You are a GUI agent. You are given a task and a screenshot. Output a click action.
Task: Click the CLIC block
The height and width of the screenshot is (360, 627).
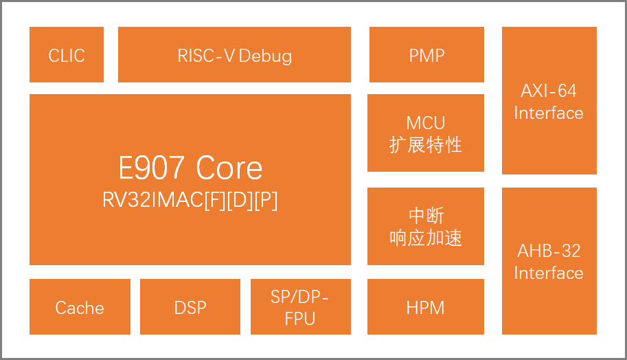click(x=67, y=55)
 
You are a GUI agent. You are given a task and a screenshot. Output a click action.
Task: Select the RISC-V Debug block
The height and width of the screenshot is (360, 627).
click(x=234, y=55)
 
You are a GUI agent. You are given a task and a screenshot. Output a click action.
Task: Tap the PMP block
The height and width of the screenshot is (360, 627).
click(x=426, y=55)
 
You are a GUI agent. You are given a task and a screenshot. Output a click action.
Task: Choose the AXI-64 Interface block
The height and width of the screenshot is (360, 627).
click(x=549, y=101)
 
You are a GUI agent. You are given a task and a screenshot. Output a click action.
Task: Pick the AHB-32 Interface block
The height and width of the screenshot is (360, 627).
click(x=549, y=261)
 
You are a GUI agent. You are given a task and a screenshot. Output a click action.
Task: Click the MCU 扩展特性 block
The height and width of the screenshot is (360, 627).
click(x=426, y=133)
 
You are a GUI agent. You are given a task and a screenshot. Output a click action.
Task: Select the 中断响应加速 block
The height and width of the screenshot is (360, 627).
click(x=426, y=226)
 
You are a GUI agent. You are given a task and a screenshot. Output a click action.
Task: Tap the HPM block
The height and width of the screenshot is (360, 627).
click(x=426, y=307)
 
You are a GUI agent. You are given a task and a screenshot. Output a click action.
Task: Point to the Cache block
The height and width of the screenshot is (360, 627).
click(x=80, y=307)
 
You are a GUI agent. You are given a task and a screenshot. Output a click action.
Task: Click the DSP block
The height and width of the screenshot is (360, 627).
click(x=190, y=307)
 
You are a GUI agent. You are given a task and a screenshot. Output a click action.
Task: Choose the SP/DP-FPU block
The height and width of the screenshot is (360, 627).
click(x=300, y=307)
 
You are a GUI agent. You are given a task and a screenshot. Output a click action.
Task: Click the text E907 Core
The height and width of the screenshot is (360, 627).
click(x=190, y=168)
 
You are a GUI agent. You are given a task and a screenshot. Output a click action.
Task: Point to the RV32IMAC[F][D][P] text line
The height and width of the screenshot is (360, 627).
click(x=190, y=200)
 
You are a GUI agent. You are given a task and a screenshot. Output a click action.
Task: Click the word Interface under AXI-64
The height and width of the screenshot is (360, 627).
click(x=549, y=113)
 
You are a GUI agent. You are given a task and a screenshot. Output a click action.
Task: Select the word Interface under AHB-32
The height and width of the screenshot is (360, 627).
click(x=549, y=273)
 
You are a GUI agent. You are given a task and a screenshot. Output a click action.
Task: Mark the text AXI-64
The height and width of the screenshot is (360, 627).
click(x=549, y=91)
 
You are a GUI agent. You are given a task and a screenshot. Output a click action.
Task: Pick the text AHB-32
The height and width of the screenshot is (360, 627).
click(x=549, y=251)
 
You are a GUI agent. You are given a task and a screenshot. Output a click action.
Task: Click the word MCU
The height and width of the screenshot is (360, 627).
click(x=426, y=123)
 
